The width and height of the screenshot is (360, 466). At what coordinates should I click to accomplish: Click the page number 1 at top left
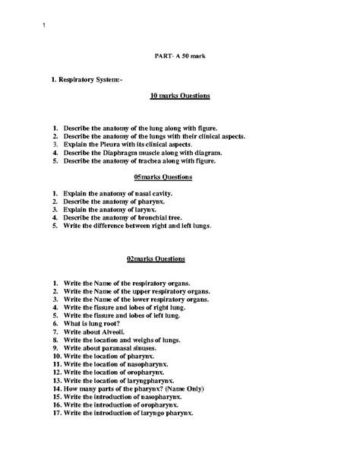(x=44, y=28)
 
